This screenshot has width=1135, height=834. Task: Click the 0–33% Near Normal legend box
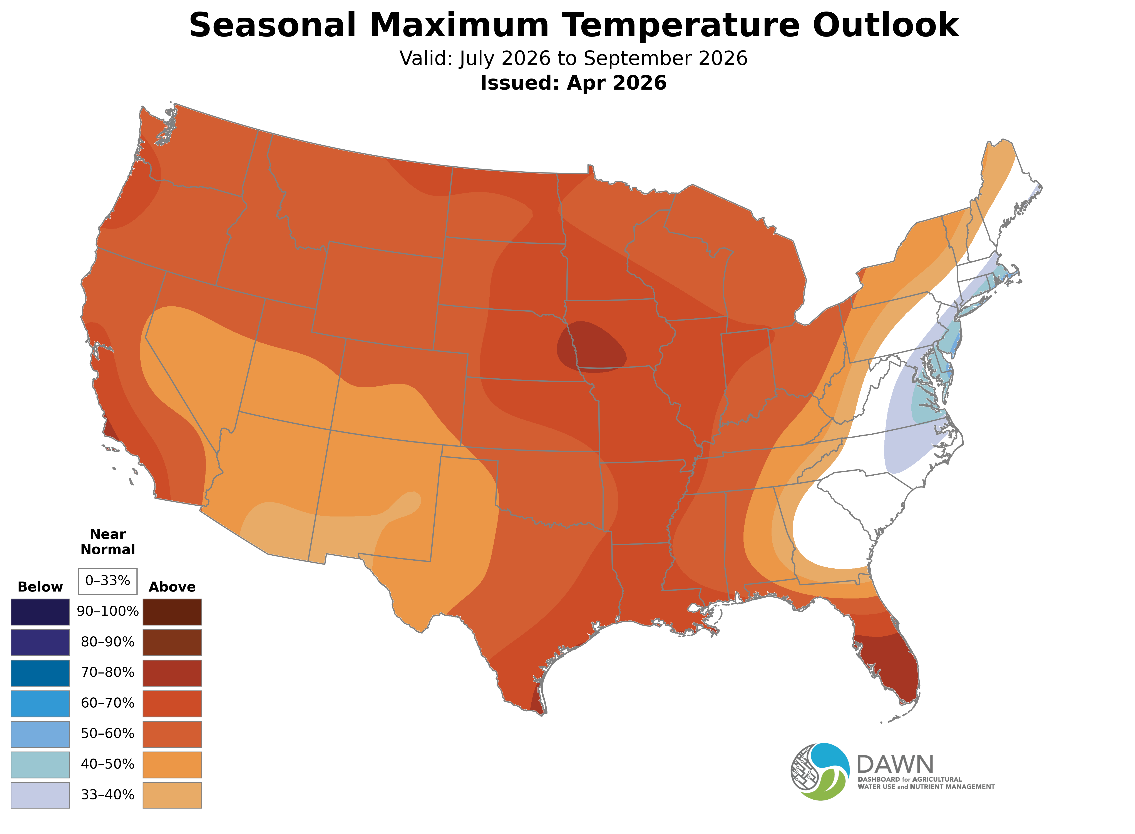[x=107, y=581]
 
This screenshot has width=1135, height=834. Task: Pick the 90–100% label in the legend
[x=107, y=612]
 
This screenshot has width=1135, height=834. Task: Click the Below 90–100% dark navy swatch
[x=40, y=612]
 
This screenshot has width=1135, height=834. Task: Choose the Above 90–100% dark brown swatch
[x=172, y=612]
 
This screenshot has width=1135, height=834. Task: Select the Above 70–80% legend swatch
[x=172, y=673]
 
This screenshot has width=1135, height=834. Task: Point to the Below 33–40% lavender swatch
[x=40, y=795]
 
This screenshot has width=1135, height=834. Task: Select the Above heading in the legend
[x=172, y=587]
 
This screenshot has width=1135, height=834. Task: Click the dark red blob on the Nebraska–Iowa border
[x=592, y=347]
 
